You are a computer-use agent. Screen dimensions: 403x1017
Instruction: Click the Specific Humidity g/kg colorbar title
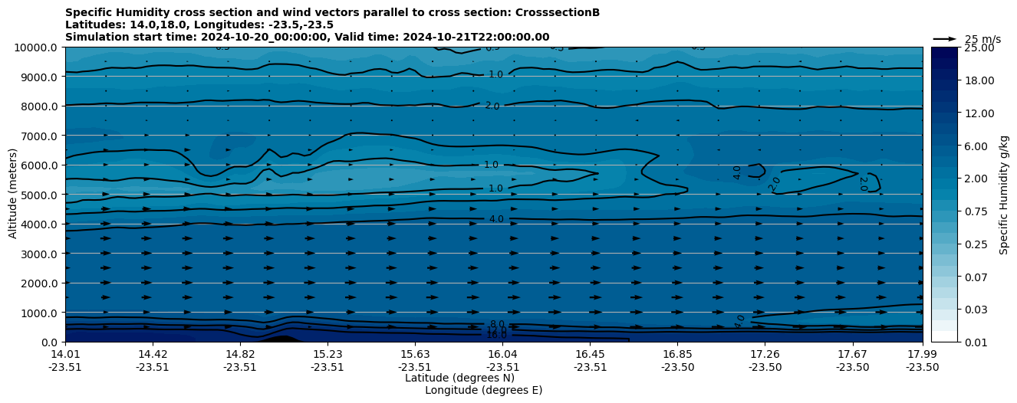[1005, 195]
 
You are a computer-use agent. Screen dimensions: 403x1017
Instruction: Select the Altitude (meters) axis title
[13, 195]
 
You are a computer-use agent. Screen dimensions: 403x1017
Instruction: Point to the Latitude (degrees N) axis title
[459, 378]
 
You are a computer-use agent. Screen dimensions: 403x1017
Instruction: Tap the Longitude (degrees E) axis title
[483, 390]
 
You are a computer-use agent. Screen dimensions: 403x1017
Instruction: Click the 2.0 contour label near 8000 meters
[492, 106]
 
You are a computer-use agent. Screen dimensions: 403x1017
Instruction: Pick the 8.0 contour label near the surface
[497, 325]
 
